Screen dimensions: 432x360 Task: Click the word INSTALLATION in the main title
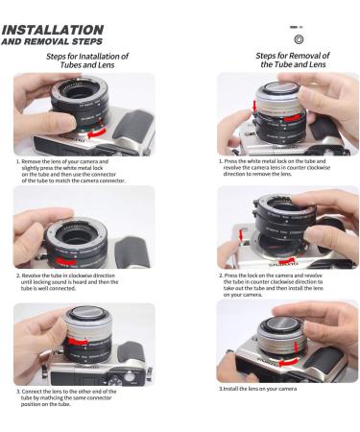53,31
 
